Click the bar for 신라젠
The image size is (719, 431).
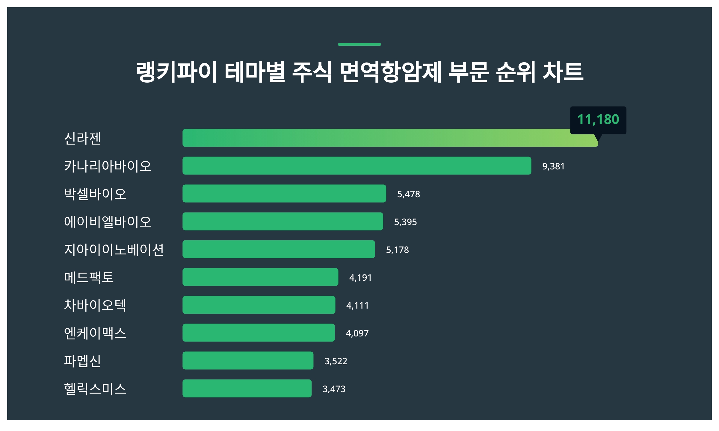pyautogui.click(x=389, y=138)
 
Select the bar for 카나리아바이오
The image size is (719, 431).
pyautogui.click(x=357, y=166)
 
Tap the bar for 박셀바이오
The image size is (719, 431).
pyautogui.click(x=284, y=194)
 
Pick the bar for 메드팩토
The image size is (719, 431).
pyautogui.click(x=260, y=277)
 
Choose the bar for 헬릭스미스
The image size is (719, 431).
pyautogui.click(x=247, y=388)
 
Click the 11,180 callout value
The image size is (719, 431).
pyautogui.click(x=598, y=119)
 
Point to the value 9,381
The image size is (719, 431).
pyautogui.click(x=553, y=166)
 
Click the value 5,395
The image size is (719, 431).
pyautogui.click(x=405, y=222)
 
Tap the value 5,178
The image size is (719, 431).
pyautogui.click(x=397, y=250)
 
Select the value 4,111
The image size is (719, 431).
pyautogui.click(x=357, y=306)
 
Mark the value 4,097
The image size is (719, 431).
pyautogui.click(x=357, y=333)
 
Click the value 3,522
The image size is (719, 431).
pyautogui.click(x=336, y=361)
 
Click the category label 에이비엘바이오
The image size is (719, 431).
pyautogui.click(x=108, y=222)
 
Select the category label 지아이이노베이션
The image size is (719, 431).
pyautogui.click(x=114, y=250)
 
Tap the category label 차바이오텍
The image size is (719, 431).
pyautogui.click(x=95, y=305)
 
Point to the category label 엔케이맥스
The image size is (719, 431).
pyautogui.click(x=95, y=333)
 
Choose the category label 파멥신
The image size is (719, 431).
pyautogui.click(x=82, y=361)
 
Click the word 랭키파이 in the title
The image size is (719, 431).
pyautogui.click(x=176, y=72)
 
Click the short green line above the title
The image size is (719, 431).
pyautogui.click(x=359, y=45)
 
